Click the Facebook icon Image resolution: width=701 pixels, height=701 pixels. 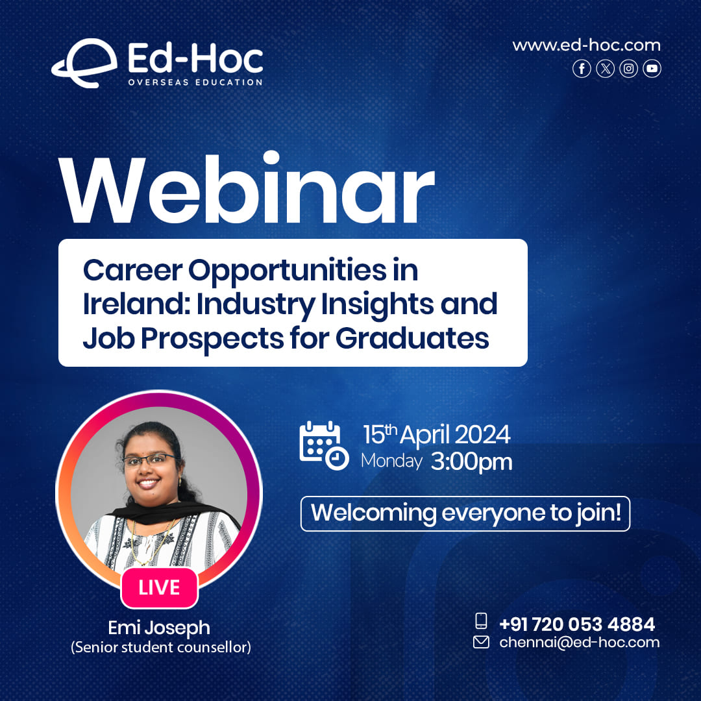(x=582, y=68)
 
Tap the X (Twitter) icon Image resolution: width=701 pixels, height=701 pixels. (x=606, y=68)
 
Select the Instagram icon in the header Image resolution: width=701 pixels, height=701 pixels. (x=628, y=68)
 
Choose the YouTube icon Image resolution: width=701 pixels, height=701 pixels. (x=652, y=68)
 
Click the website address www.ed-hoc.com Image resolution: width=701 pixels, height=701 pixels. (x=586, y=45)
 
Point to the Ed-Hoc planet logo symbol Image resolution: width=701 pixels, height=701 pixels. (x=84, y=63)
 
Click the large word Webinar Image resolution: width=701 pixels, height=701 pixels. (x=247, y=189)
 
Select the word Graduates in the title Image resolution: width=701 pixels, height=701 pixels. (x=412, y=338)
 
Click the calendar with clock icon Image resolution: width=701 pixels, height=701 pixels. (x=324, y=445)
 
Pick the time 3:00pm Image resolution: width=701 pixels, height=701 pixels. (x=471, y=462)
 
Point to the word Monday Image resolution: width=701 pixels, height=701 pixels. (x=391, y=461)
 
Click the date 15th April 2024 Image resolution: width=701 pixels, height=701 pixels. (x=436, y=434)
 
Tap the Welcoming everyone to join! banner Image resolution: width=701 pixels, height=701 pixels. (x=465, y=513)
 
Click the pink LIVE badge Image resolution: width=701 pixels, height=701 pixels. (x=159, y=587)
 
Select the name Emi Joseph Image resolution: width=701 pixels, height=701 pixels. (x=159, y=628)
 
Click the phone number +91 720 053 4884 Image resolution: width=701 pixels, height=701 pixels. (x=577, y=624)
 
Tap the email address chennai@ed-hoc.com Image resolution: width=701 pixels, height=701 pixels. (x=580, y=643)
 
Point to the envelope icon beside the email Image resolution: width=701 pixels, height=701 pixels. (x=481, y=643)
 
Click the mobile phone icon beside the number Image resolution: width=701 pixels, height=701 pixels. (x=481, y=621)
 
